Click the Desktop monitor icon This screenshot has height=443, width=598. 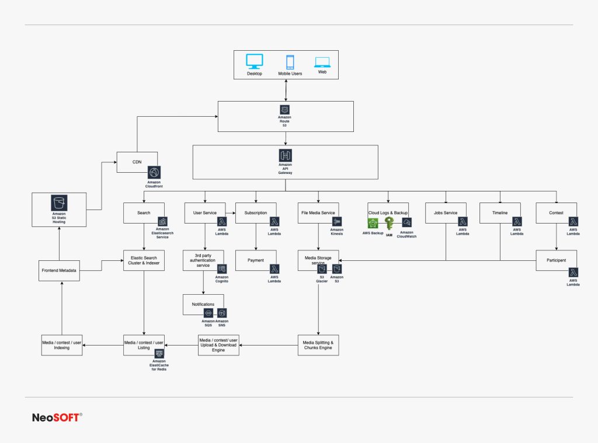[x=254, y=61]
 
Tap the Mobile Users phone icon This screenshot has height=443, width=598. [x=290, y=62]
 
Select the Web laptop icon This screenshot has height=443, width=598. [x=322, y=62]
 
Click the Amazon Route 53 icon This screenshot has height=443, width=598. [x=285, y=110]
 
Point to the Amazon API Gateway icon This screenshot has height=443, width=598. [x=285, y=155]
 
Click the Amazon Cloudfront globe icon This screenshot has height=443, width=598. [x=154, y=173]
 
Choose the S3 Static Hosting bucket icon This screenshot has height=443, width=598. [x=59, y=203]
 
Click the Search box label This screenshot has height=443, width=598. [x=144, y=213]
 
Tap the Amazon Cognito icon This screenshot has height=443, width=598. [x=222, y=269]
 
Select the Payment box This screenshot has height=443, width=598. [x=256, y=260]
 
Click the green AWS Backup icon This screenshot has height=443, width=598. [x=373, y=224]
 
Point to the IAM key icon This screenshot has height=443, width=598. [x=389, y=224]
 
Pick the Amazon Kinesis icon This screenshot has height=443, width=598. [x=337, y=222]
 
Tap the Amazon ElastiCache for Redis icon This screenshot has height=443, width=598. [x=159, y=354]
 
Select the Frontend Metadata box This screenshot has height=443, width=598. [x=60, y=270]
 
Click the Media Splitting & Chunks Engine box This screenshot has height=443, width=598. [x=318, y=345]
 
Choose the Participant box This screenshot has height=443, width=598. [x=556, y=260]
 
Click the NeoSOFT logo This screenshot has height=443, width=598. [x=57, y=417]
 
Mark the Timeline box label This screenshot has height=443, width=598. [x=500, y=213]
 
